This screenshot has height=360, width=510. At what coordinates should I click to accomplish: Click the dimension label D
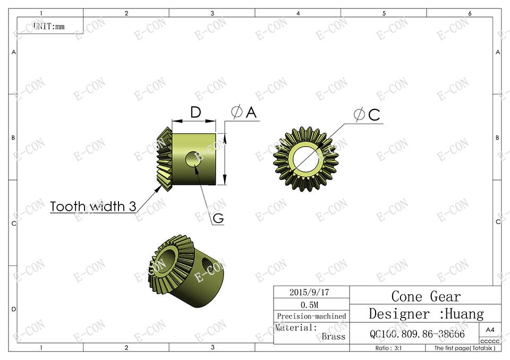(x=195, y=113)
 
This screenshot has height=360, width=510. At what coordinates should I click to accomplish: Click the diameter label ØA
(x=244, y=112)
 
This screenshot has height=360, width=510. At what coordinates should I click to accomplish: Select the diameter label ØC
(x=367, y=115)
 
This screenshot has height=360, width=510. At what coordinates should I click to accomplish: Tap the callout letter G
(x=218, y=218)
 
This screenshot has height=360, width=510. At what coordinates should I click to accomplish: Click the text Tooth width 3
(x=93, y=207)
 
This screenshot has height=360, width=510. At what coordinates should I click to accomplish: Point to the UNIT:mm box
(x=49, y=25)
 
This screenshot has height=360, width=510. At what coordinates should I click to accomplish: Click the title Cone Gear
(x=426, y=296)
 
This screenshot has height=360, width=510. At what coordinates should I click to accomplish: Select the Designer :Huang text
(x=426, y=314)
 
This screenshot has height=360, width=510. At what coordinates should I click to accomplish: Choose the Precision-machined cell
(x=311, y=316)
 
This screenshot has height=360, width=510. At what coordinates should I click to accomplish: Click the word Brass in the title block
(x=333, y=337)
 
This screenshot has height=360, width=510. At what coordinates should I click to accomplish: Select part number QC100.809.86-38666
(x=416, y=334)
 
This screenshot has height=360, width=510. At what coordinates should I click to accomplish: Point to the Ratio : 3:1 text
(x=389, y=348)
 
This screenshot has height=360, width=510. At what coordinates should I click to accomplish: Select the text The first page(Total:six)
(x=464, y=348)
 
